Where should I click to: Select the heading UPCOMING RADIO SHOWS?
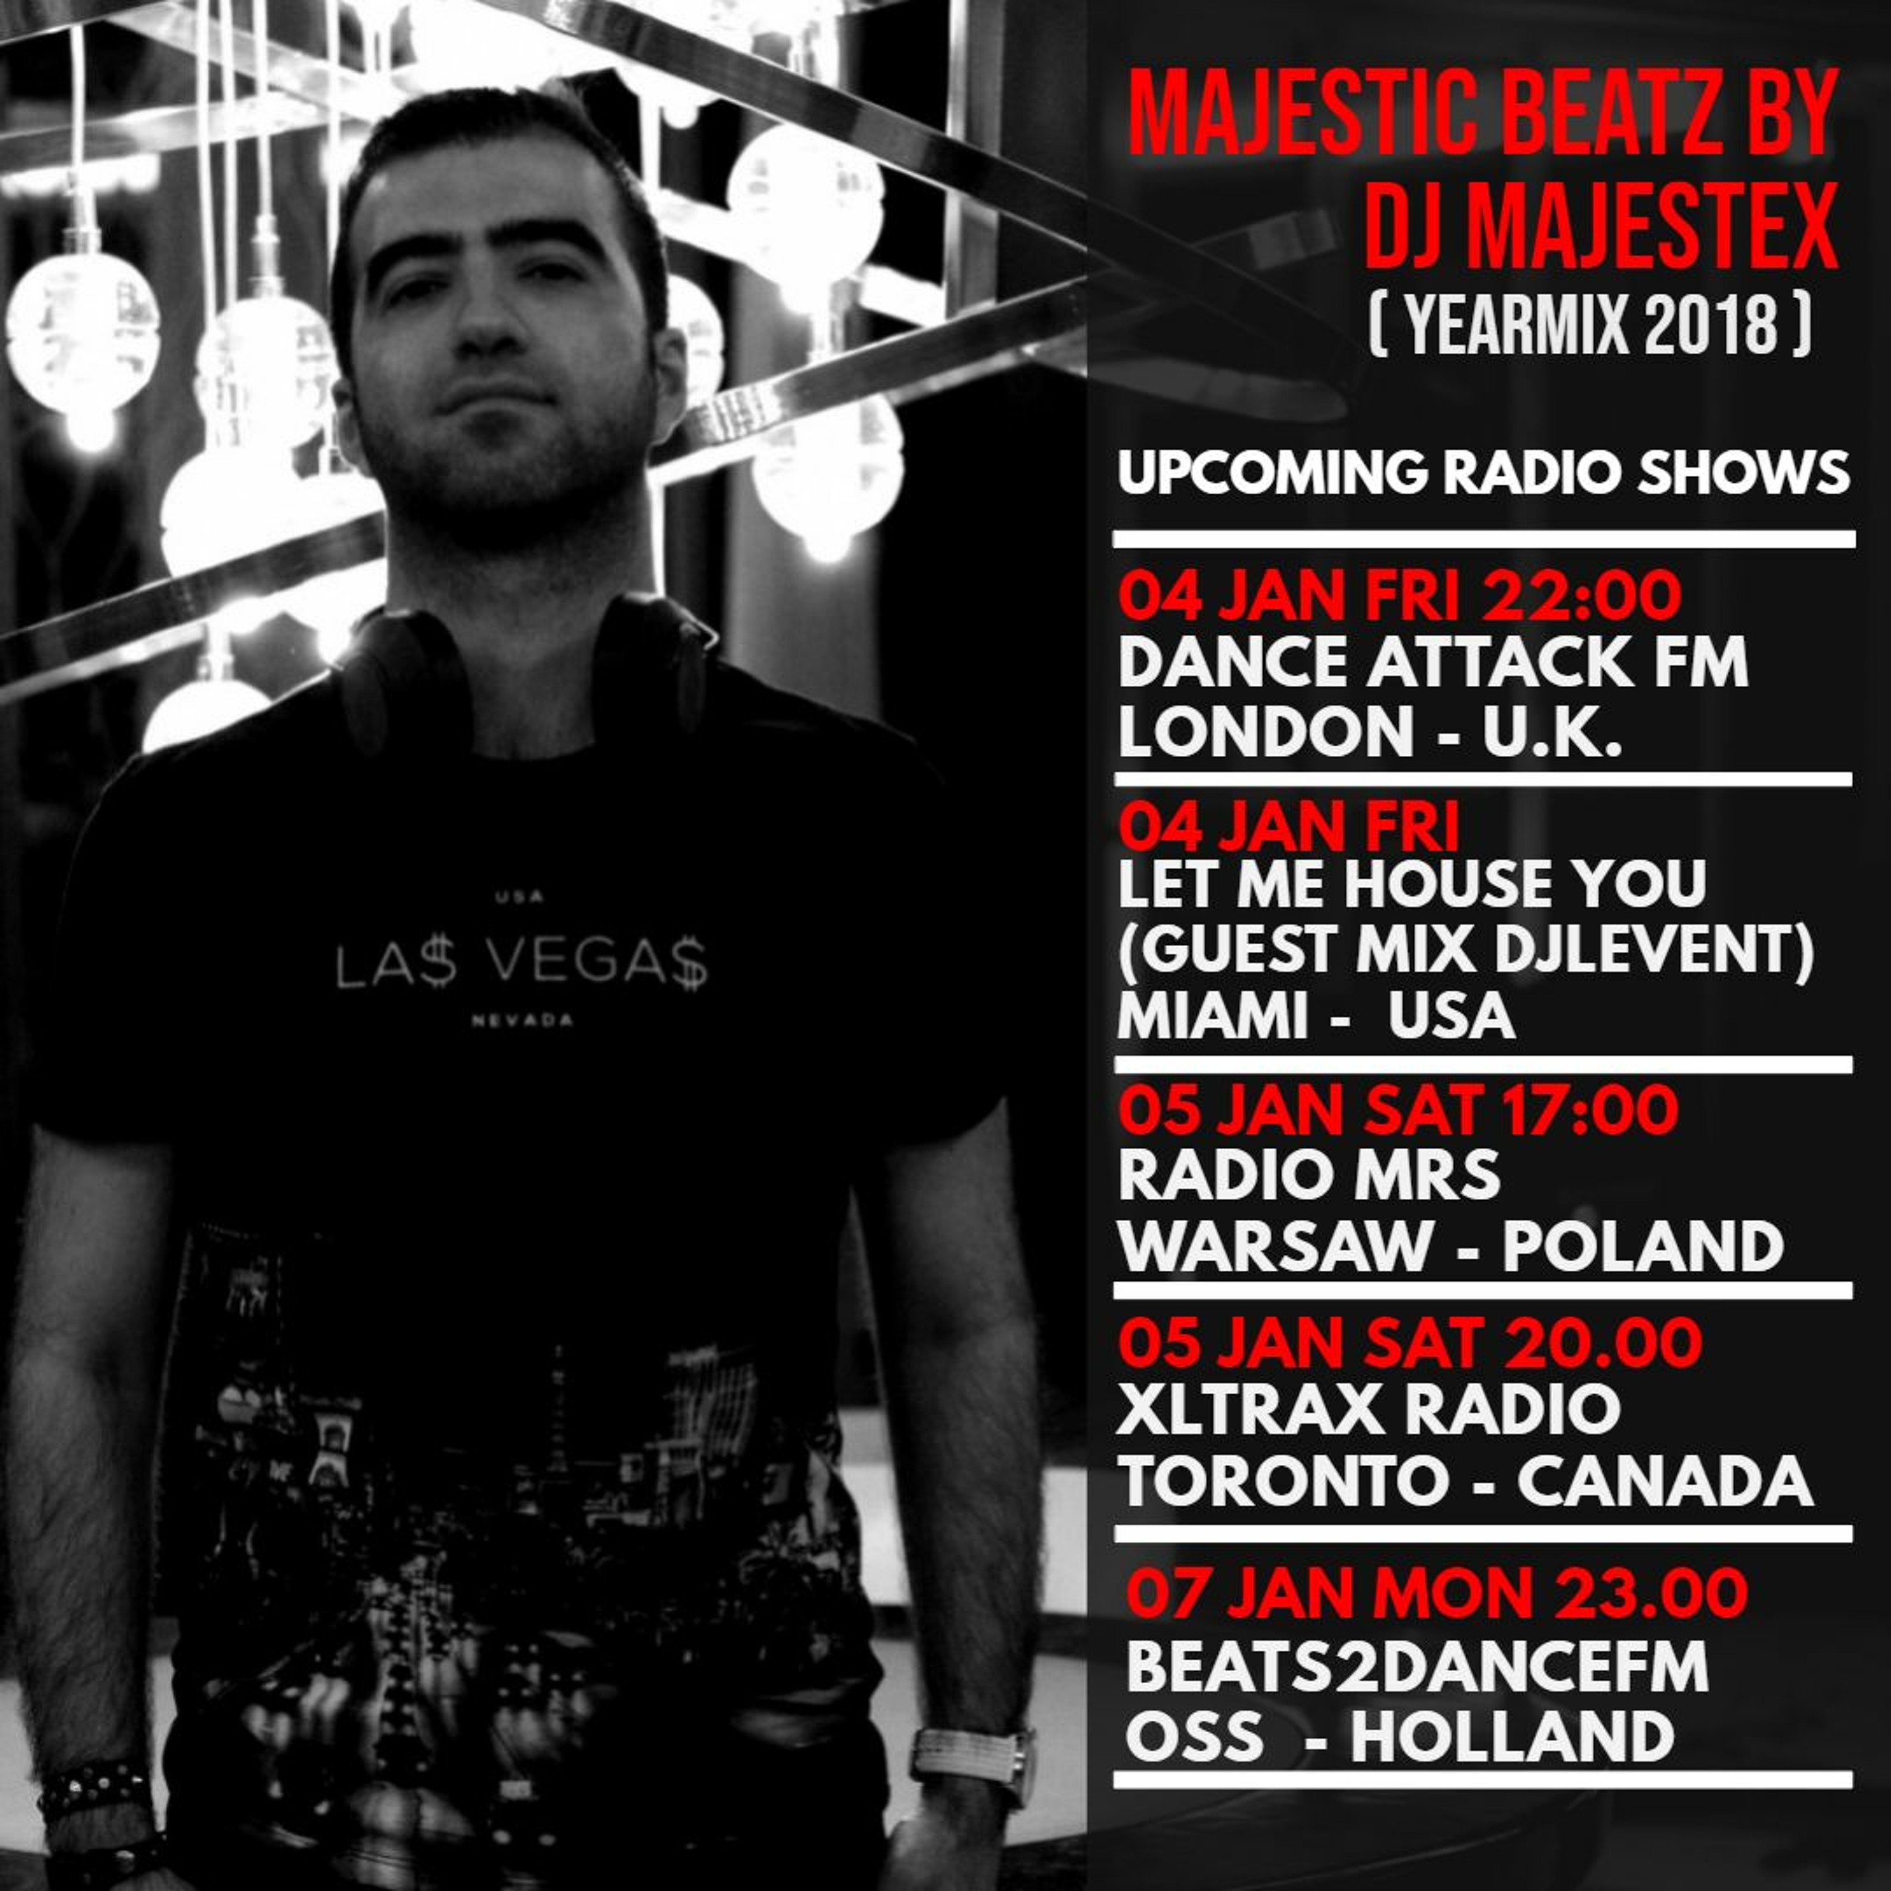1484,474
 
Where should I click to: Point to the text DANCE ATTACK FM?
1433,664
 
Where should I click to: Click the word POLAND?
1643,1246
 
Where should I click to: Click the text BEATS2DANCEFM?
1417,1667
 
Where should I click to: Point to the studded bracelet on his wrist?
96,1772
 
